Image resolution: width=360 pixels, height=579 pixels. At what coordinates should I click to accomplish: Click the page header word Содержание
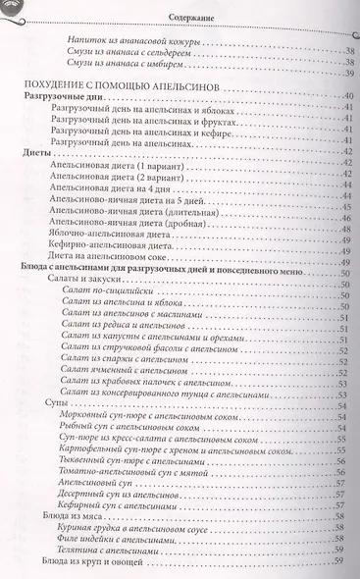[191, 16]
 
